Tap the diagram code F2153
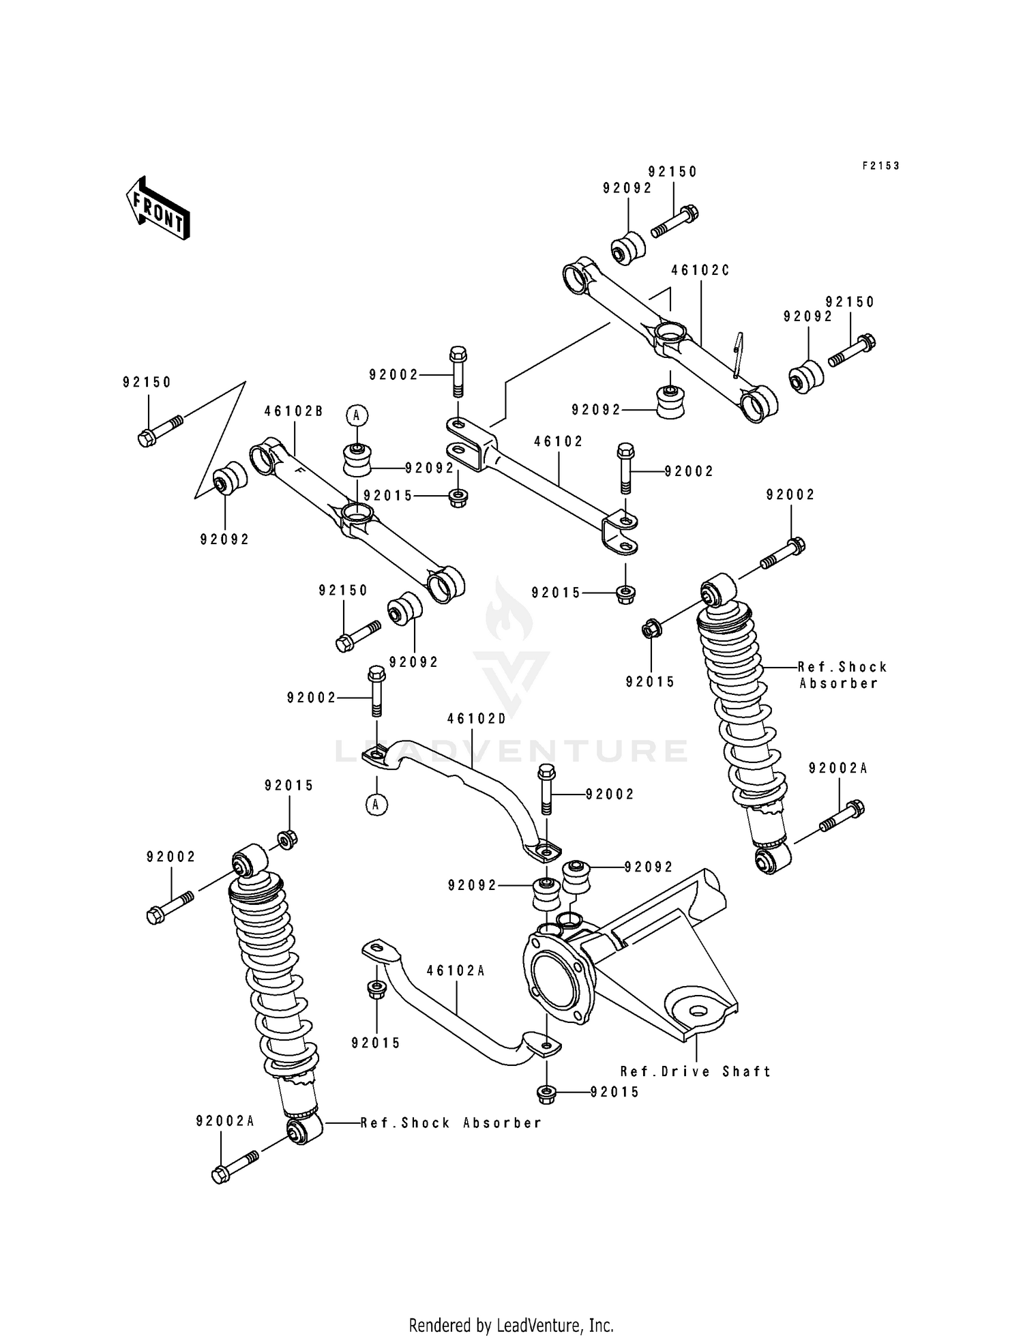click(881, 166)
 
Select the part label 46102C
click(700, 271)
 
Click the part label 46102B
click(293, 411)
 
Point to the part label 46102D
click(477, 719)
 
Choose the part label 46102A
click(456, 970)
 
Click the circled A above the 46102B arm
click(356, 415)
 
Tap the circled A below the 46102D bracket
click(375, 805)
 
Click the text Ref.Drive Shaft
click(696, 1071)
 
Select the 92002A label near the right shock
click(838, 769)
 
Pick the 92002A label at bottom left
click(225, 1121)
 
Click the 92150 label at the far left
click(147, 383)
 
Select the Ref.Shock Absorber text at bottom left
click(451, 1123)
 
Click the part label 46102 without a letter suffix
click(559, 442)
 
